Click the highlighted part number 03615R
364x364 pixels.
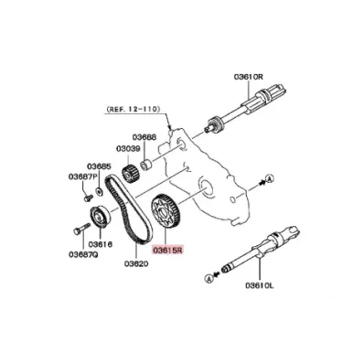(167, 251)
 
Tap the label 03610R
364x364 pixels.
(249, 77)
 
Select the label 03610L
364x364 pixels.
(260, 285)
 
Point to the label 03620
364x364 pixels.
(136, 263)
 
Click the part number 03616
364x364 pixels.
(101, 244)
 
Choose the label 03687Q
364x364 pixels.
(83, 254)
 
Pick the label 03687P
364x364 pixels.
(82, 177)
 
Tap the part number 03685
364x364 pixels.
(99, 166)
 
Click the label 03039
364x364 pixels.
(128, 149)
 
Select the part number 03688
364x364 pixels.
(145, 137)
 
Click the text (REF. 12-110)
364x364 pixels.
(133, 109)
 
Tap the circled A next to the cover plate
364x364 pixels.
(269, 179)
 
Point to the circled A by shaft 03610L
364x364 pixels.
(209, 278)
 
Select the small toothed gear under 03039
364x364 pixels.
(130, 174)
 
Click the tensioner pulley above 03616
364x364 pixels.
(100, 217)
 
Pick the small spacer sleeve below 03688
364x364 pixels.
(146, 164)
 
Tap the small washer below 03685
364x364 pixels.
(99, 191)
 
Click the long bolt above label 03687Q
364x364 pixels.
(81, 229)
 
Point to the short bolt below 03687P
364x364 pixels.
(88, 198)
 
